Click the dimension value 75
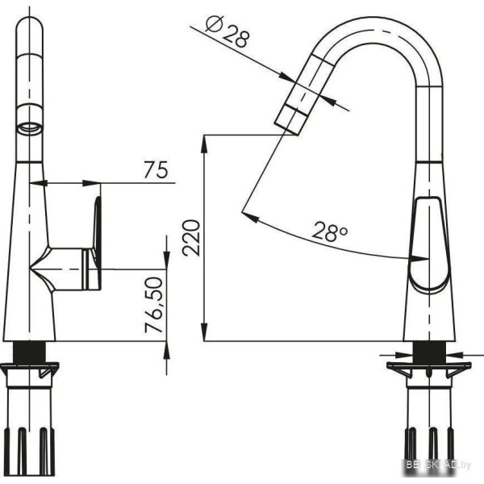(x=156, y=169)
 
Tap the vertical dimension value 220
(x=191, y=238)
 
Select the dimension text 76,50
(x=154, y=305)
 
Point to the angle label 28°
(x=329, y=232)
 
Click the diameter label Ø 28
(x=227, y=32)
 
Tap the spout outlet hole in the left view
(x=29, y=127)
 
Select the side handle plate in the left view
(x=98, y=243)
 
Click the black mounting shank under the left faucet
(x=30, y=353)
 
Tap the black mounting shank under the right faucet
(x=429, y=352)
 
